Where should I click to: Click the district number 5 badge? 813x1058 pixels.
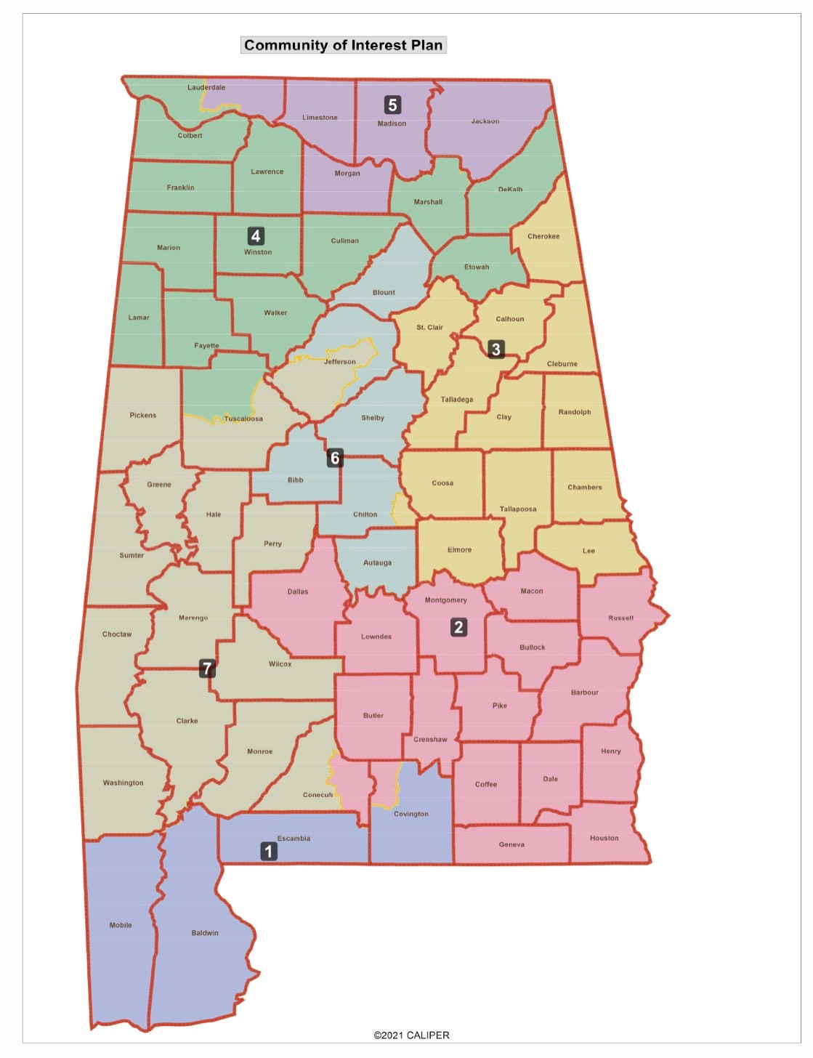392,105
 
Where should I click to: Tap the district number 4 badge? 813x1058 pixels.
255,236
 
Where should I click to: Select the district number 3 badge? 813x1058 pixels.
496,350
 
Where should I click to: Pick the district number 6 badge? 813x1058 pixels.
335,458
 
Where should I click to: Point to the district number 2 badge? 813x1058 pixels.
458,627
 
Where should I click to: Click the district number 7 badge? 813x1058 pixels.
207,669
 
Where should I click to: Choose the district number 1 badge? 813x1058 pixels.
269,851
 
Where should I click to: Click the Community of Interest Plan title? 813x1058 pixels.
343,45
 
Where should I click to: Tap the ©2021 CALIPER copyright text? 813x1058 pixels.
411,1035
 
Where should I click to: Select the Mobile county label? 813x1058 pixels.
121,925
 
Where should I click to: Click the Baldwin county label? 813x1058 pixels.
205,933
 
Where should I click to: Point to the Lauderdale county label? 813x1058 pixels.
206,87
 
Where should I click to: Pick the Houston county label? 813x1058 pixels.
604,838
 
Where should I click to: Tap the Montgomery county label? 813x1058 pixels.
445,600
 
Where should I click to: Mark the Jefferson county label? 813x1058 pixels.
340,361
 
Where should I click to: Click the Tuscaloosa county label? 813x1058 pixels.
243,419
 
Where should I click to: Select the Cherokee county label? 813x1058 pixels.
543,236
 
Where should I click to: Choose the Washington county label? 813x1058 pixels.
123,783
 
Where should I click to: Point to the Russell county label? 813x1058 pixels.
620,618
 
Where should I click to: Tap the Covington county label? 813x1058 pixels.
411,814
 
